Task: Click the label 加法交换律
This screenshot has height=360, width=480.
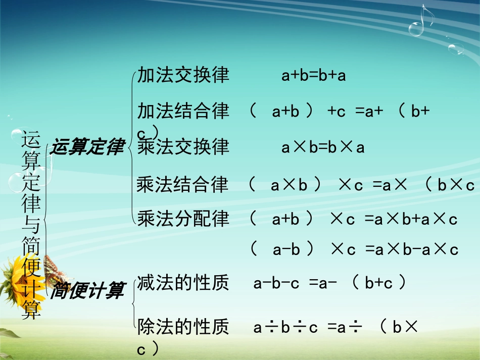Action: point(183,75)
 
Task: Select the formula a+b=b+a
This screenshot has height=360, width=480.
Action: point(313,76)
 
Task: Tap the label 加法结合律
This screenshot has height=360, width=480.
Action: point(183,111)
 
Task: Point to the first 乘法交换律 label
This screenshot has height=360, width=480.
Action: point(183,147)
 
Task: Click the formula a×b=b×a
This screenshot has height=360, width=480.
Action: point(323,147)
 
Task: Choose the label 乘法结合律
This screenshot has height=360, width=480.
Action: point(182,185)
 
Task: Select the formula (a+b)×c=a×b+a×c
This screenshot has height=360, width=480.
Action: point(354,219)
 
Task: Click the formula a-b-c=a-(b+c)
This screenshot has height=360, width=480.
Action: point(329,283)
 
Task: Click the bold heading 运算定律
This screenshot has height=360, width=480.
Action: point(87,147)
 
